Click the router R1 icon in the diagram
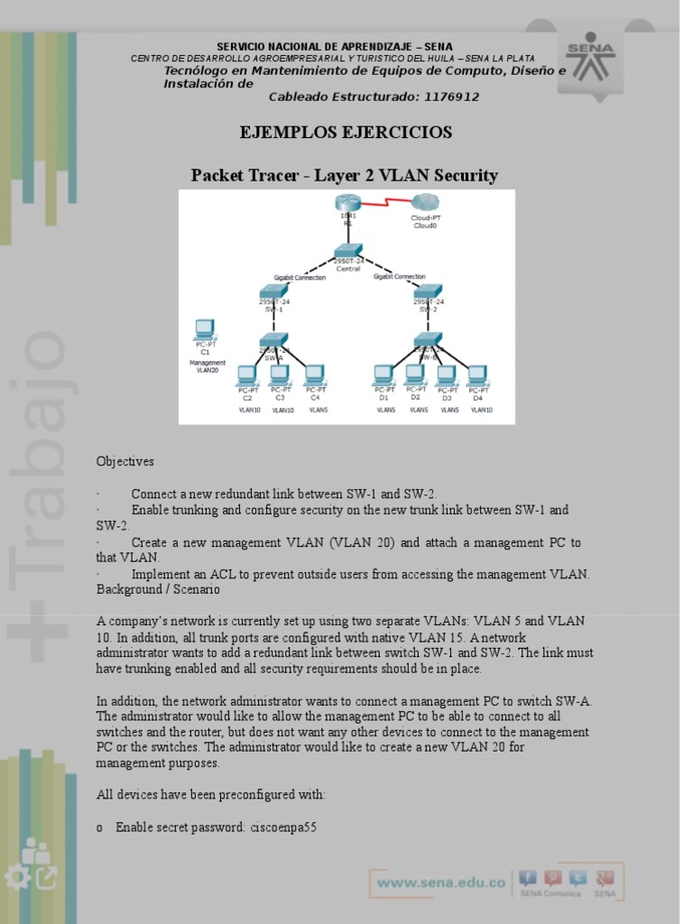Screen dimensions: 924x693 (347, 204)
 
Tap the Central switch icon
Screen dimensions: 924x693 (347, 252)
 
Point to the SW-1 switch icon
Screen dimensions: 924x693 (274, 291)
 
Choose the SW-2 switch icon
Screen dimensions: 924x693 (427, 291)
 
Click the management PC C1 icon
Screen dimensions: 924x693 (205, 329)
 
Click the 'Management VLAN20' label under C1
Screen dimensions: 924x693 (208, 366)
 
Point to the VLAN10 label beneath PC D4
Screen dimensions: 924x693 (481, 410)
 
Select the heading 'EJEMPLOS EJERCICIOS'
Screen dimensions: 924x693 (346, 134)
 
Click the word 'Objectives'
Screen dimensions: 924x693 (125, 461)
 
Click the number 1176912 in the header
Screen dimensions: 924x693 (449, 97)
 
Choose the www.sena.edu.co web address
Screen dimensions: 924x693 (440, 882)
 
